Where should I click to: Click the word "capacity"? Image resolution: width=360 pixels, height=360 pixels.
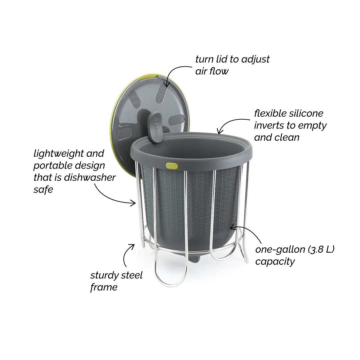275,261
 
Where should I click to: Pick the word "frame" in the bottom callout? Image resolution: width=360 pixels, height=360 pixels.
104,287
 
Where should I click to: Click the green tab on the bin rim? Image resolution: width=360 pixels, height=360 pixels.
172,165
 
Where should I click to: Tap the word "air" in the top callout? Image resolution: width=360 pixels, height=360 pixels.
202,71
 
